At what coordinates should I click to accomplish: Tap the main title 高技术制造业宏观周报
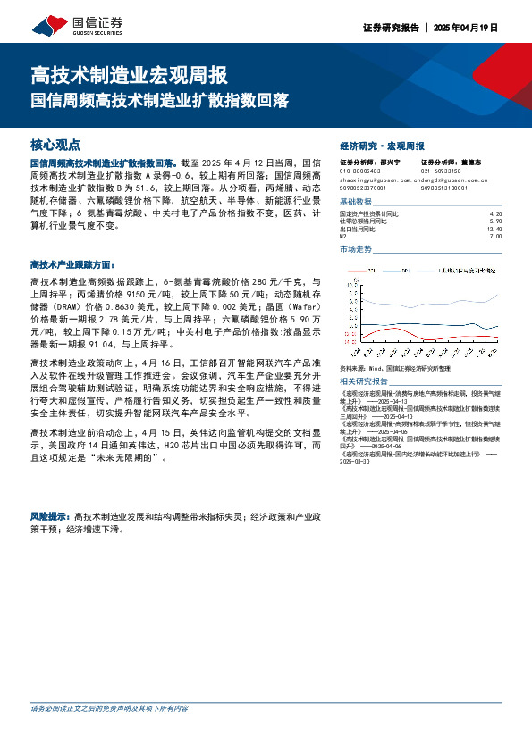click(129, 73)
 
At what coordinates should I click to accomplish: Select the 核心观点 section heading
click(55, 145)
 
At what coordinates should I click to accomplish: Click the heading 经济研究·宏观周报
click(382, 146)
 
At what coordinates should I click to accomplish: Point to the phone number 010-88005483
click(360, 171)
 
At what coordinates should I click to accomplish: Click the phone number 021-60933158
click(441, 171)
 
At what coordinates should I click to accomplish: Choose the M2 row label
click(345, 236)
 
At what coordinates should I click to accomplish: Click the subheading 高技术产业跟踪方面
click(72, 265)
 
